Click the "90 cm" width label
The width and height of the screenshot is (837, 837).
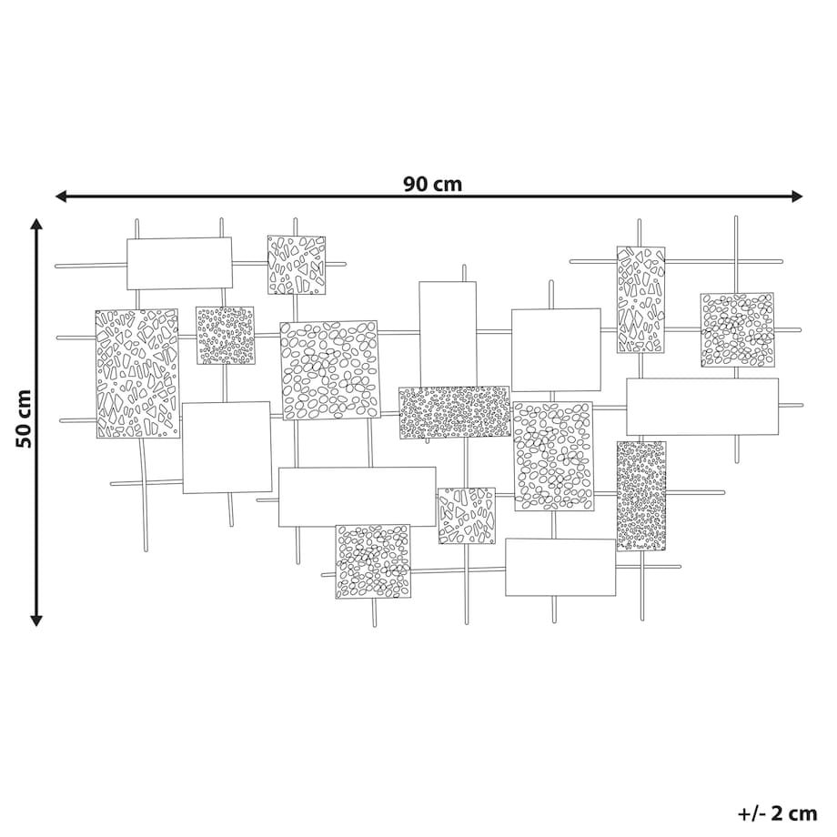click(x=432, y=184)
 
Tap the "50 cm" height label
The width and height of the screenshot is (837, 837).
click(x=24, y=419)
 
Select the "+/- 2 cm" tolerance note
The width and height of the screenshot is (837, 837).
click(x=777, y=814)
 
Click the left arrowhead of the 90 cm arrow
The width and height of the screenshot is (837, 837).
click(x=61, y=197)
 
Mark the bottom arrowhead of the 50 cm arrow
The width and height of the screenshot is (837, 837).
click(x=36, y=620)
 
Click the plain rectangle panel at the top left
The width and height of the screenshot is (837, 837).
click(x=179, y=264)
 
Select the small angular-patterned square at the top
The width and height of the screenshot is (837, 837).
click(x=297, y=265)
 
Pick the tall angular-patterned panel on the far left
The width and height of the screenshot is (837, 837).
click(x=137, y=374)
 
